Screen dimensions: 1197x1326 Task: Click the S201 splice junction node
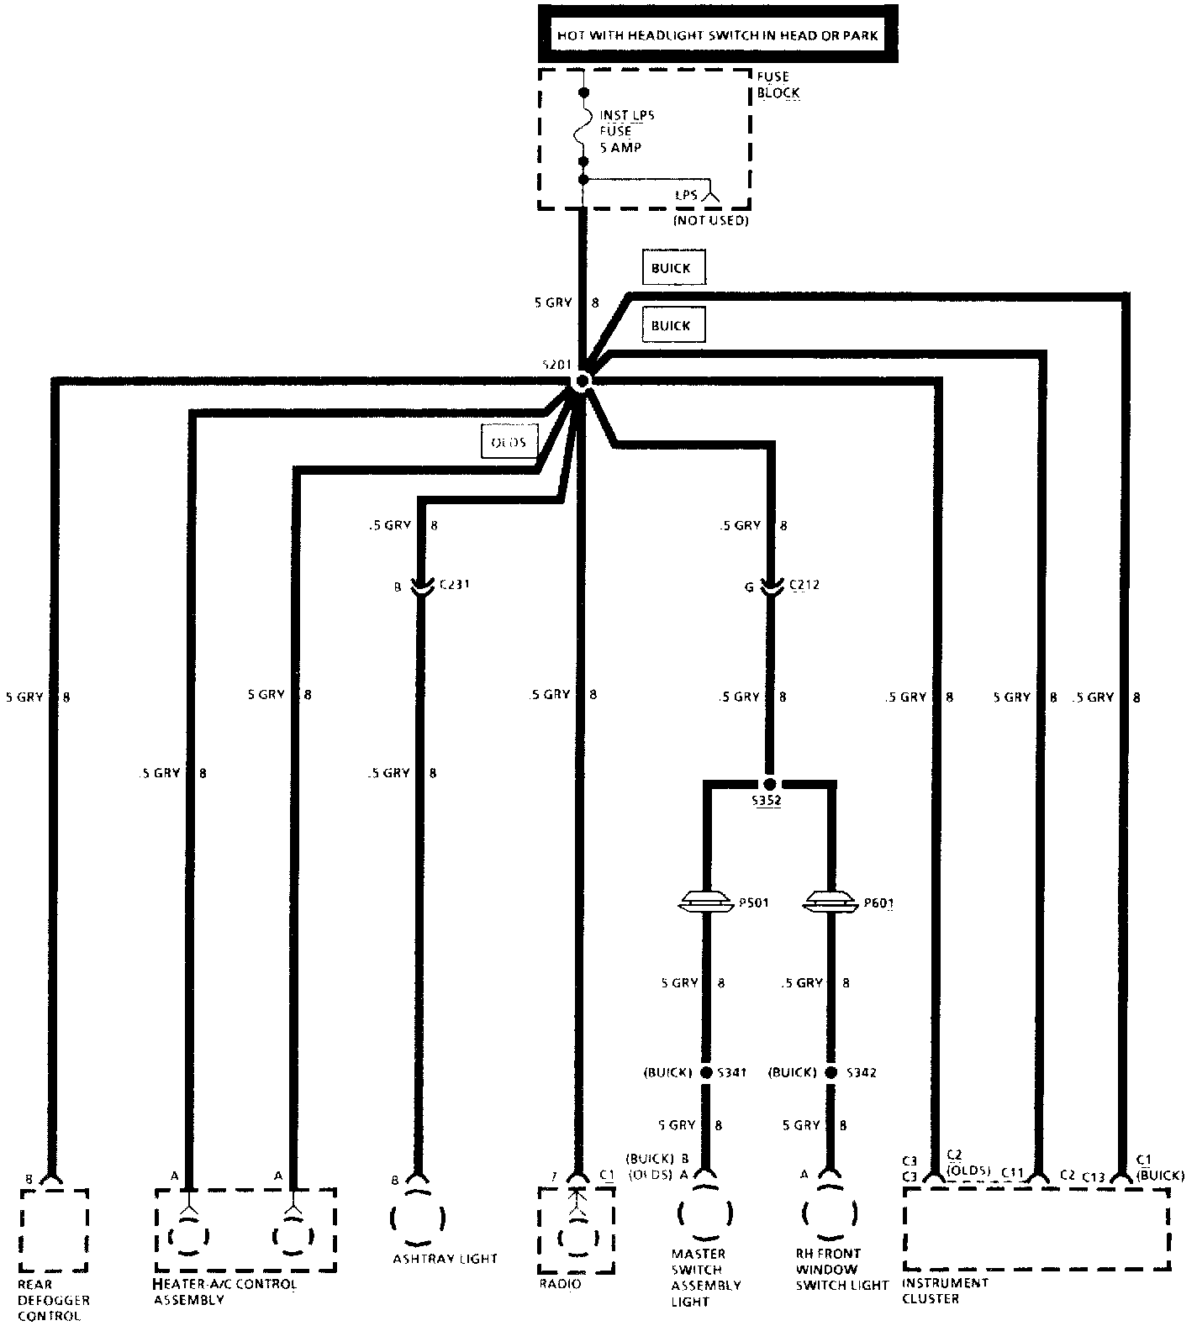point(582,381)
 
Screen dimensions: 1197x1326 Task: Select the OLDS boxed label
point(509,441)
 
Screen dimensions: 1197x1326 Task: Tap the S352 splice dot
point(768,781)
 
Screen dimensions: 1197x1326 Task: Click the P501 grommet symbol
point(705,902)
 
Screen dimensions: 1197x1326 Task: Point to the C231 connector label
point(453,584)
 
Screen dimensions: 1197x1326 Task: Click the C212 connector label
point(805,584)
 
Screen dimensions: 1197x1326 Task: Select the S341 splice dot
point(706,1072)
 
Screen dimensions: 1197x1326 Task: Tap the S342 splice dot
point(831,1072)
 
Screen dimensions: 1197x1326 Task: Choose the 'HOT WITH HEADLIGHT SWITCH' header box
point(718,34)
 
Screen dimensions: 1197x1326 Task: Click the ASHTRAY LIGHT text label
point(445,1259)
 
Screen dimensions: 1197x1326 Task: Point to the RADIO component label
point(560,1284)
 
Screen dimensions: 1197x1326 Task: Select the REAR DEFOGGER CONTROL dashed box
point(54,1229)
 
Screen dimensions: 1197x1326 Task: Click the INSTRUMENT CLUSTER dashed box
point(1036,1228)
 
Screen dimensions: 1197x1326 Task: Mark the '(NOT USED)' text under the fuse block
point(709,220)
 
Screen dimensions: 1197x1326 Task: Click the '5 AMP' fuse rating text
point(620,147)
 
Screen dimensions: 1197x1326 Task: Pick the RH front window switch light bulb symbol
point(830,1213)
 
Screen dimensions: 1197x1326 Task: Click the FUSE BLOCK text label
point(777,84)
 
